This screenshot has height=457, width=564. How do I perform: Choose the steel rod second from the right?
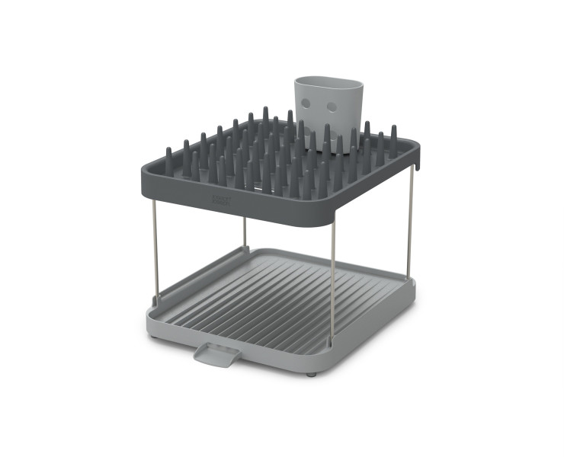[332, 267]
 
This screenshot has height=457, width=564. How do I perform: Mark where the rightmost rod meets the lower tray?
[412, 280]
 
